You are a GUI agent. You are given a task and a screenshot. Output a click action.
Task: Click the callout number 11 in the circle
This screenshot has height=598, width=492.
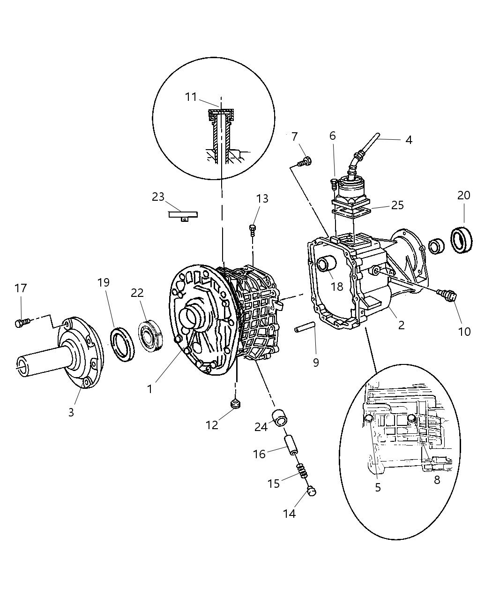[x=190, y=97]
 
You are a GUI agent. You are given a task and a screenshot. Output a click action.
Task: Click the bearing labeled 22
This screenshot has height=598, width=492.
[x=151, y=334]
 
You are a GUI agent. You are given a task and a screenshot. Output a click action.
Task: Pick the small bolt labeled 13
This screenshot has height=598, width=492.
[x=253, y=229]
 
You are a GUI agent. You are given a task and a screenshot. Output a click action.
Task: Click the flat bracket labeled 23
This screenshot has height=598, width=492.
[x=183, y=215]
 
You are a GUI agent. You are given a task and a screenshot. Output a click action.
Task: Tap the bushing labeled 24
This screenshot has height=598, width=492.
[x=280, y=417]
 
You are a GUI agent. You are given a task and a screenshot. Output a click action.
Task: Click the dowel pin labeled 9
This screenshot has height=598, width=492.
[x=306, y=330]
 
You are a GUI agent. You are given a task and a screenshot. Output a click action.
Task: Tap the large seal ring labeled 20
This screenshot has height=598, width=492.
[x=462, y=239]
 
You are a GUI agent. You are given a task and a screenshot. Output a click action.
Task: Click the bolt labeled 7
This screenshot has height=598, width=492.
[x=304, y=162]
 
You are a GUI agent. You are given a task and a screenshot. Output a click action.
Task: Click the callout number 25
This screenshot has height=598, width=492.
[x=397, y=205]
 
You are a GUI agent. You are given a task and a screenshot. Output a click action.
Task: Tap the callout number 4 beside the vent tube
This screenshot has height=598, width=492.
[x=409, y=140]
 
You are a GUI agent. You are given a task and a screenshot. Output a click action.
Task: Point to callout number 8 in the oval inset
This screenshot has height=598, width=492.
[x=437, y=480]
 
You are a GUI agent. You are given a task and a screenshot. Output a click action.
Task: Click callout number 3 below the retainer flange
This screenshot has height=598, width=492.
[x=71, y=412]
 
